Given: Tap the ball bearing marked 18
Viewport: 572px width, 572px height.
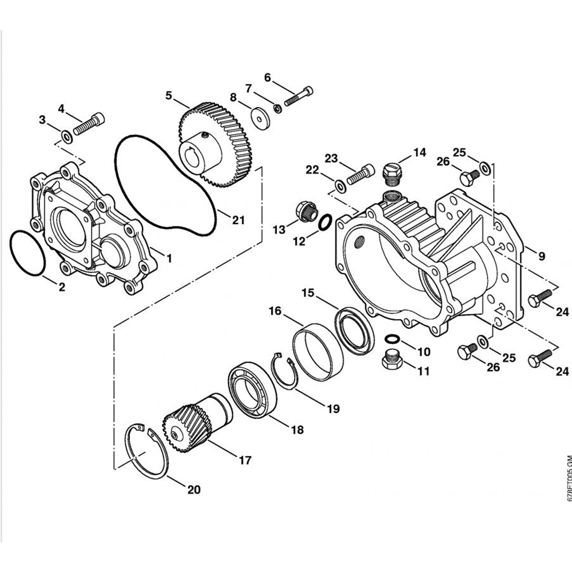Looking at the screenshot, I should pos(252,389).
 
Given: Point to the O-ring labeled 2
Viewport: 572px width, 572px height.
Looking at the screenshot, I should pos(27,253).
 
